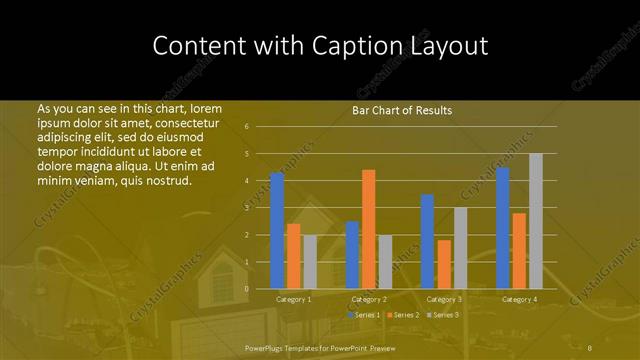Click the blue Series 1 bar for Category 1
(277, 230)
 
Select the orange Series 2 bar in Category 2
(368, 229)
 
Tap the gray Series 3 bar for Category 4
(535, 221)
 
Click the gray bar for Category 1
(310, 262)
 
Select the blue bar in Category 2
(352, 255)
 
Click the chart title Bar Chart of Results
(402, 110)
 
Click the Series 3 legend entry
(443, 315)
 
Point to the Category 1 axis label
(294, 299)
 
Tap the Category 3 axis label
(444, 299)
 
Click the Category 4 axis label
(519, 299)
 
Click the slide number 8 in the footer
(590, 347)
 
